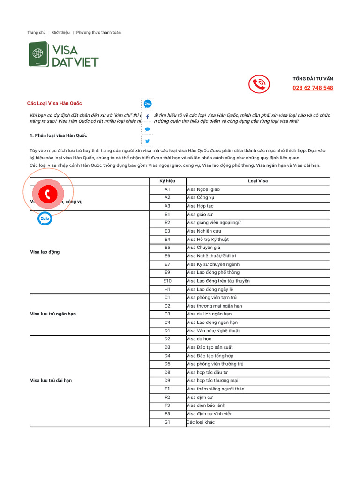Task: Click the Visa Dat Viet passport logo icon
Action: click(x=38, y=53)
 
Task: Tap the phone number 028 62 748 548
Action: click(x=313, y=88)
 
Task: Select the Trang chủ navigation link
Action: click(x=37, y=33)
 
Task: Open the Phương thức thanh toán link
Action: click(x=98, y=33)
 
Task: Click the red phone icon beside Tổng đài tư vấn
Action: click(x=259, y=84)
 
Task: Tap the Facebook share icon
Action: click(x=148, y=116)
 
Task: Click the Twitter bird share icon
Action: click(x=148, y=141)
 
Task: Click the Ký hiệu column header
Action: click(x=167, y=181)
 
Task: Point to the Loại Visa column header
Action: click(x=258, y=181)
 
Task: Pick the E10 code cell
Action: click(x=167, y=281)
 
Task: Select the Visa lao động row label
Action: click(x=45, y=252)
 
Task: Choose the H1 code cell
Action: click(x=167, y=289)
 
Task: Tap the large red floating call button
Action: click(x=48, y=193)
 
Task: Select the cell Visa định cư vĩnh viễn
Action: click(x=210, y=414)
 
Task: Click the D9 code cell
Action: click(x=167, y=380)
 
